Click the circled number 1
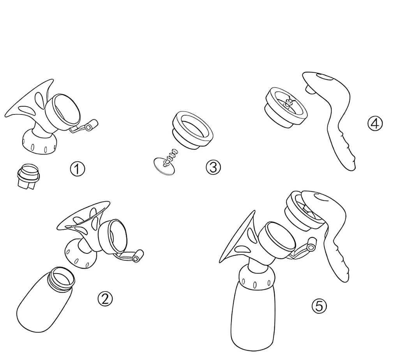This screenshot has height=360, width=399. [78, 169]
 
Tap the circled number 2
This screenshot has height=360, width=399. [105, 299]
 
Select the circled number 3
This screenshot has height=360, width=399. [213, 167]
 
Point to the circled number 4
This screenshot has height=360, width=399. [375, 124]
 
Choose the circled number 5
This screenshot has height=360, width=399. [319, 306]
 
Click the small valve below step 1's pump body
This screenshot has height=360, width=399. [28, 176]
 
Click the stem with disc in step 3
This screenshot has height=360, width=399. [166, 162]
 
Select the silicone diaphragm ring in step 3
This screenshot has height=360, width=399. [193, 129]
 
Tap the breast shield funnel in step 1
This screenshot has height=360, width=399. [28, 103]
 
